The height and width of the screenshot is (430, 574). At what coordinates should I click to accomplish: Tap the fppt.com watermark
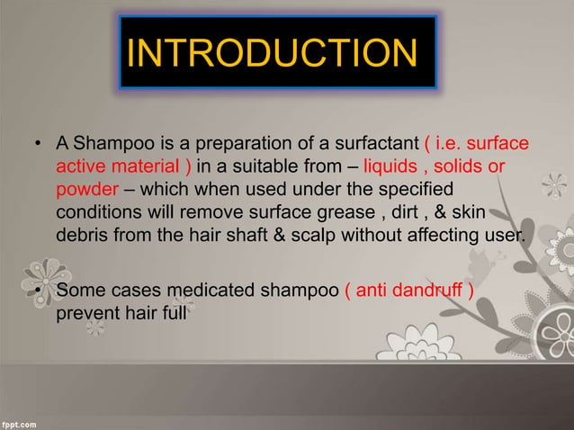[22, 421]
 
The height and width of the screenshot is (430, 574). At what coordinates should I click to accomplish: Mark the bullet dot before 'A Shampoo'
[38, 145]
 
